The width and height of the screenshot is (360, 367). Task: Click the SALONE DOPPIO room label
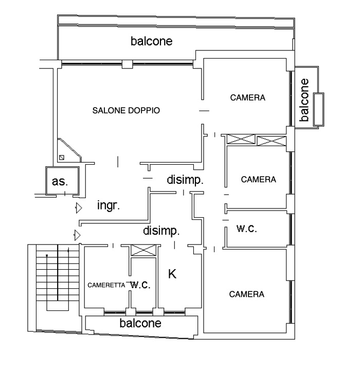pyautogui.click(x=126, y=111)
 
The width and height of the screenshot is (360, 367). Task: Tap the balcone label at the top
pyautogui.click(x=152, y=41)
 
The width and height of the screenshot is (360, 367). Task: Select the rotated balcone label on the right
pyautogui.click(x=304, y=100)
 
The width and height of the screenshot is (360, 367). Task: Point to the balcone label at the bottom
pyautogui.click(x=140, y=323)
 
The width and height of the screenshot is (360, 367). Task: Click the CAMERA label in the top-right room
pyautogui.click(x=248, y=98)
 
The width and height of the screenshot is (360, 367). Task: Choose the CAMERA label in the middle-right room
pyautogui.click(x=259, y=180)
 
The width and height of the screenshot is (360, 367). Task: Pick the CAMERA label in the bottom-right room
pyautogui.click(x=247, y=294)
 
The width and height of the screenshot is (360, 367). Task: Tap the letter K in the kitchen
pyautogui.click(x=172, y=274)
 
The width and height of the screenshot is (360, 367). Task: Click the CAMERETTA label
pyautogui.click(x=106, y=285)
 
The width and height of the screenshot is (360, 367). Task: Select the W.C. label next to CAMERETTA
pyautogui.click(x=140, y=285)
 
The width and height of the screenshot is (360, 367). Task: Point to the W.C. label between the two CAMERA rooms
pyautogui.click(x=247, y=229)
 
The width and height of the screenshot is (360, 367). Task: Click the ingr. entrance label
pyautogui.click(x=109, y=205)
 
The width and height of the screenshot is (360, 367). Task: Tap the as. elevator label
pyautogui.click(x=60, y=181)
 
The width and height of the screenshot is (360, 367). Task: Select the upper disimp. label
pyautogui.click(x=185, y=180)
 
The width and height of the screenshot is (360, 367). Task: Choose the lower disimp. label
pyautogui.click(x=161, y=231)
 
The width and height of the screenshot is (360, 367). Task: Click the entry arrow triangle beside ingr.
pyautogui.click(x=79, y=208)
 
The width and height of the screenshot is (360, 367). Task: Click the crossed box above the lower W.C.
pyautogui.click(x=143, y=250)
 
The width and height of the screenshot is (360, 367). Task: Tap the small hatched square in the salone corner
pyautogui.click(x=62, y=158)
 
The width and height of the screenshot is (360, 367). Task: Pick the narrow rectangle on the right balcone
pyautogui.click(x=318, y=109)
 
